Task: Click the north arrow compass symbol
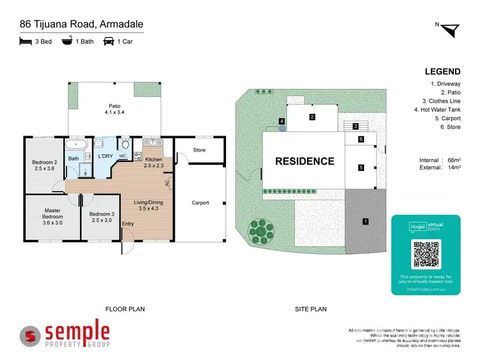pyautogui.click(x=451, y=29)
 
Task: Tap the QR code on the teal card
pyautogui.click(x=426, y=254)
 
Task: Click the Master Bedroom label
pyautogui.click(x=52, y=214)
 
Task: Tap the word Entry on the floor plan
pyautogui.click(x=129, y=223)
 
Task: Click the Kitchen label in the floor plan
pyautogui.click(x=154, y=162)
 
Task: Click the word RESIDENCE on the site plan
pyautogui.click(x=305, y=161)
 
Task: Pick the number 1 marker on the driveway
pyautogui.click(x=365, y=221)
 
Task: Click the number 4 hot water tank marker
pyautogui.click(x=281, y=121)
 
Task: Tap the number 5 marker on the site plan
pyautogui.click(x=361, y=168)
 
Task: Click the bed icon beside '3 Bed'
pyautogui.click(x=25, y=42)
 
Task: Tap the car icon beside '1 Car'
pyautogui.click(x=109, y=42)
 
